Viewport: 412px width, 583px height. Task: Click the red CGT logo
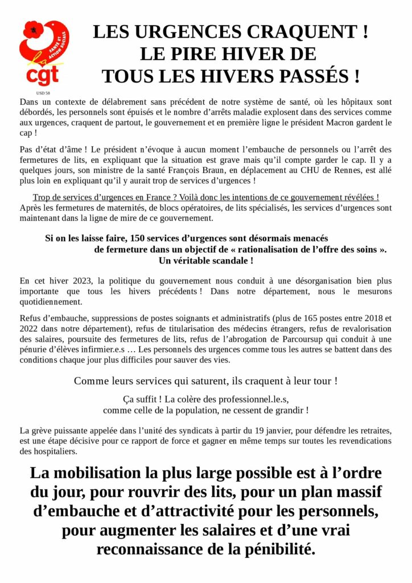[43, 54]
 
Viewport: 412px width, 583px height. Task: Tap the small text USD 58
[43, 92]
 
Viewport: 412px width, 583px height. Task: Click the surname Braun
[235, 171]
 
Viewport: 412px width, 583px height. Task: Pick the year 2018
[372, 318]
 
